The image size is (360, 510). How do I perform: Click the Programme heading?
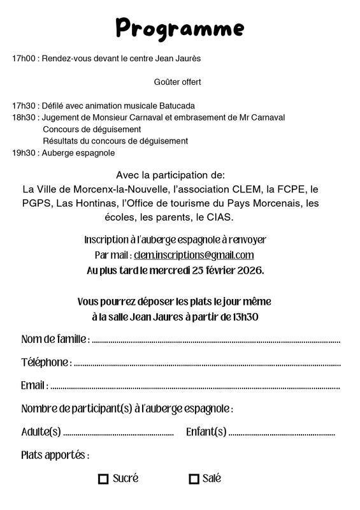tap(180, 28)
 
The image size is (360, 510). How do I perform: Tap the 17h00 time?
tap(23, 59)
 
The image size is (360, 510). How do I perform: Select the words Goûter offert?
tap(178, 82)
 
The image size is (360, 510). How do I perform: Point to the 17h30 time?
tap(23, 106)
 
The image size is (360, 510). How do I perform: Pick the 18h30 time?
tap(23, 118)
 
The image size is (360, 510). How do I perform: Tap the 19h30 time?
tap(23, 153)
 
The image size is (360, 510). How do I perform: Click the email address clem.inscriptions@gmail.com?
tap(194, 256)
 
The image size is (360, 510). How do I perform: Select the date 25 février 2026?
tap(222, 270)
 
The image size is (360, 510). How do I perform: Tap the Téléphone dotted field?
tap(206, 364)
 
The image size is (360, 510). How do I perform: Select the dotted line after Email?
tap(194, 387)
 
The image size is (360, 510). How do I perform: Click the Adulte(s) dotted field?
tap(119, 433)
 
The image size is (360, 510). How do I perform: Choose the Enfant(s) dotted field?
tap(281, 433)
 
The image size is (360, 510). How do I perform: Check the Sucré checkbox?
tap(103, 479)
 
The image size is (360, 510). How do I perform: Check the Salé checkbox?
tap(194, 479)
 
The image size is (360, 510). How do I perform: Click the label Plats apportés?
tap(55, 456)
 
